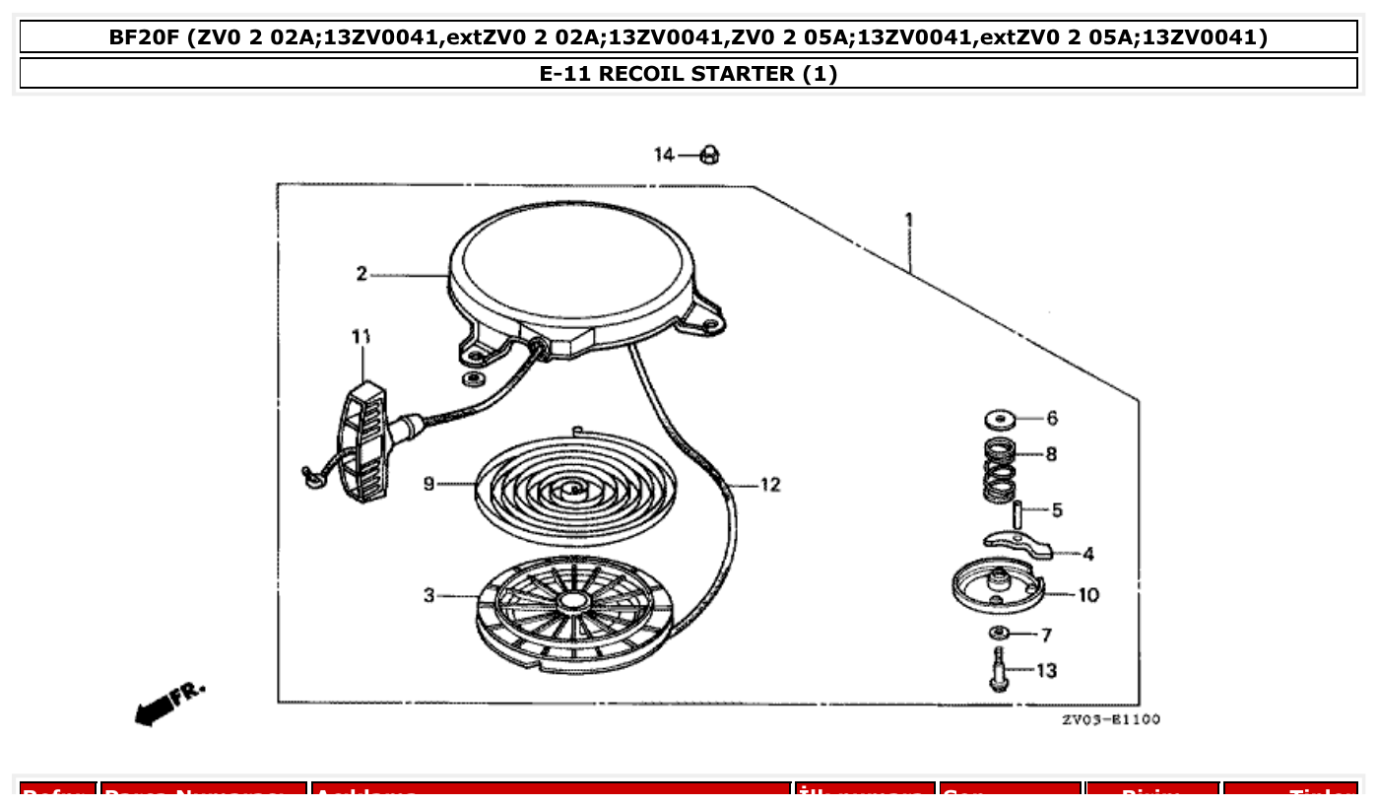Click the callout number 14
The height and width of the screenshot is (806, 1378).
click(664, 155)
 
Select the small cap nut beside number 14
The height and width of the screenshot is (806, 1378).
click(708, 156)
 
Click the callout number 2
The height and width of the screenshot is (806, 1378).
click(361, 274)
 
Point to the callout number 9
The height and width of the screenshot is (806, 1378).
click(428, 484)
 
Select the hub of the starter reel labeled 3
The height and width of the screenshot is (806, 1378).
click(571, 599)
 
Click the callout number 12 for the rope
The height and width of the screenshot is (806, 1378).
click(770, 485)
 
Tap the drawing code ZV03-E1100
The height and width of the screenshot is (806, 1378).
click(1110, 720)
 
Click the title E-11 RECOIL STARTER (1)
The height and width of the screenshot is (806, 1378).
click(689, 74)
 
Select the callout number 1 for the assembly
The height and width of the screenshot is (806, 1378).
click(908, 220)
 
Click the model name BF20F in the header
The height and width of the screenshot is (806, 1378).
click(144, 37)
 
